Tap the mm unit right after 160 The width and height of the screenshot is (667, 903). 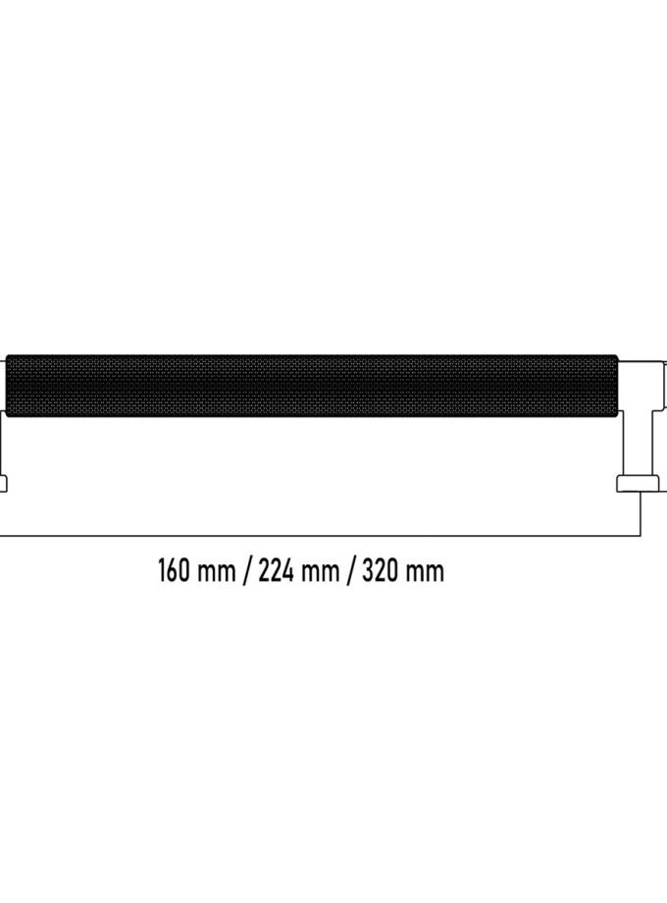click(217, 573)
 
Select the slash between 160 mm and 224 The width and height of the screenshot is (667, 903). click(246, 570)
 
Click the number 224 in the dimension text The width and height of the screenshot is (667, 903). click(278, 570)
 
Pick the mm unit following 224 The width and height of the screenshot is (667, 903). click(320, 573)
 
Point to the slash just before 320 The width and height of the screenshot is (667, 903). click(350, 570)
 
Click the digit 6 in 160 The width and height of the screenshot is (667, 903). click(174, 570)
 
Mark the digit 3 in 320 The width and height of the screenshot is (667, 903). click(368, 570)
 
